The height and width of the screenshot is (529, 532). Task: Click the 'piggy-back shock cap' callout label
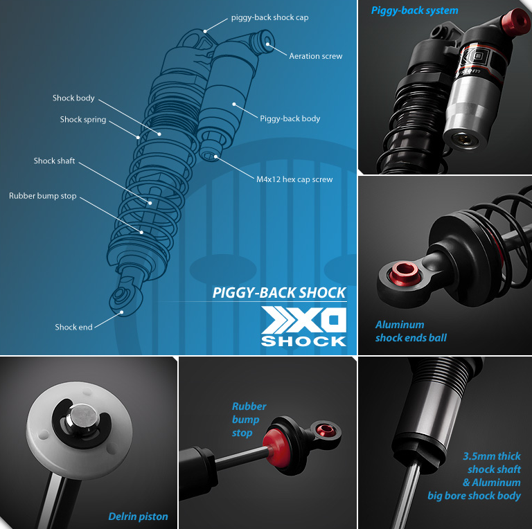[x=269, y=17]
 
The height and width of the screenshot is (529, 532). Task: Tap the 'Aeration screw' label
[x=316, y=56]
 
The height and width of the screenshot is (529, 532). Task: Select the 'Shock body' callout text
[x=73, y=98]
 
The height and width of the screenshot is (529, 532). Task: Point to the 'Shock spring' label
[x=83, y=119]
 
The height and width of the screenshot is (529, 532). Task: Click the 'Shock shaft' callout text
[x=54, y=161]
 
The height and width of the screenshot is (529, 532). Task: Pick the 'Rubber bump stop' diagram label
[x=43, y=196]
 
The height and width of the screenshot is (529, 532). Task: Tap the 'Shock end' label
[x=73, y=328]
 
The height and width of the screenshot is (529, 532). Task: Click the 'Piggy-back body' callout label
[x=290, y=118]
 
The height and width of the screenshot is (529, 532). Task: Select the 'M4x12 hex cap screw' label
[x=294, y=179]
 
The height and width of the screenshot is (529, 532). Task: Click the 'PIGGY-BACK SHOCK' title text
[x=279, y=293]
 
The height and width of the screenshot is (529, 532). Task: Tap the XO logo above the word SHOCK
[x=303, y=320]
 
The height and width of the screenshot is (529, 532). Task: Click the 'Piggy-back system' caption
[x=415, y=10]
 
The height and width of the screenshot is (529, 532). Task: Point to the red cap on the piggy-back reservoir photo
[x=515, y=21]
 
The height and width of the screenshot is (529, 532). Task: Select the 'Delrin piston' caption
[x=138, y=516]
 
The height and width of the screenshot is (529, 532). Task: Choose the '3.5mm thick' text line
[x=492, y=456]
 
